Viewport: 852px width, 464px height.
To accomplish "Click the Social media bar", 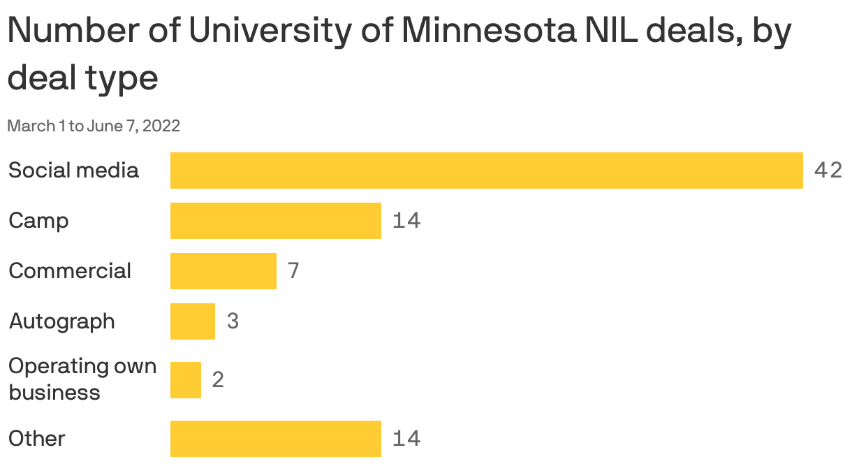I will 486,171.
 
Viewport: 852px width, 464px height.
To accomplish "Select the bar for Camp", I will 275,221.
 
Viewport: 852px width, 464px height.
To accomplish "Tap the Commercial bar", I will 223,271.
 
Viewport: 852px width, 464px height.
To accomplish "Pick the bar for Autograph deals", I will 192,321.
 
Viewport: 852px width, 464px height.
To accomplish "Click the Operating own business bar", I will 185,380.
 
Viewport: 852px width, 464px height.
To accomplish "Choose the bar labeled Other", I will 275,439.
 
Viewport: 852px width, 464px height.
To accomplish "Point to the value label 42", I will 828,171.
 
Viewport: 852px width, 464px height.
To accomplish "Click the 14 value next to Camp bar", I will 406,221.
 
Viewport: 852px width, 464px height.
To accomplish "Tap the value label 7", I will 293,271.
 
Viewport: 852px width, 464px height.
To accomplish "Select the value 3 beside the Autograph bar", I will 233,321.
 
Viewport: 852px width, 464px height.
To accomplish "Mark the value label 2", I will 217,380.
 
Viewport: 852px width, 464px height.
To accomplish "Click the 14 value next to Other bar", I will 406,439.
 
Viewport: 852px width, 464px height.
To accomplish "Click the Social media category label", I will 73,171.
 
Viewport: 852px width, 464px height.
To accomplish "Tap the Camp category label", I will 38,221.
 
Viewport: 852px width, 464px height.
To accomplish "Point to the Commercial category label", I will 70,271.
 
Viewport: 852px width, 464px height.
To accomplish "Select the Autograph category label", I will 61,321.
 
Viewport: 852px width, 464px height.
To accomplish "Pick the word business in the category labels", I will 54,393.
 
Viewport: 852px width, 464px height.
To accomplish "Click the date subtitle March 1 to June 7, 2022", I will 94,126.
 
